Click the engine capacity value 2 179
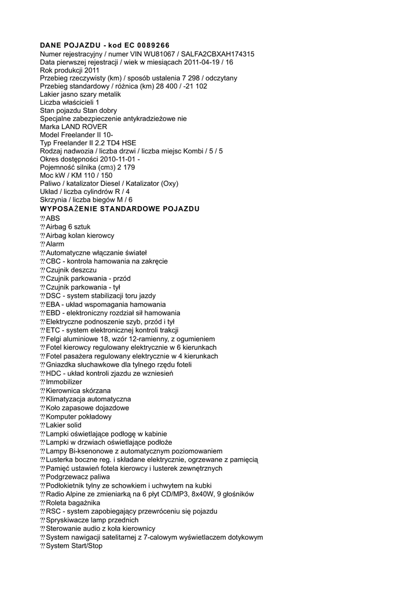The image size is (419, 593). tap(126, 167)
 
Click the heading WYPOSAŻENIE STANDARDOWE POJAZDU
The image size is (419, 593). tap(120, 208)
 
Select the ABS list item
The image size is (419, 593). tap(53, 218)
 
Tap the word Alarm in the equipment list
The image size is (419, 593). tap(55, 244)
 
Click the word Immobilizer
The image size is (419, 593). tap(64, 382)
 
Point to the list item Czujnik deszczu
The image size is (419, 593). tap(71, 270)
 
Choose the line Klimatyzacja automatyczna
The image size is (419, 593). tap(88, 399)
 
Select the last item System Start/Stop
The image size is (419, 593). tap(73, 546)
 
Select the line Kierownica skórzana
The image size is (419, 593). tap(78, 390)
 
